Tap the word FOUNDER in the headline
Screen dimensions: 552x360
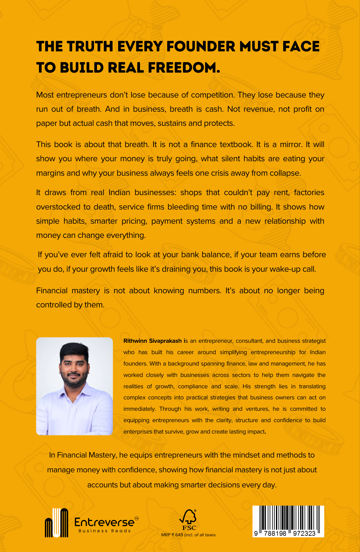[201, 47]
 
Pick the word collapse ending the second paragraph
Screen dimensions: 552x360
[285, 173]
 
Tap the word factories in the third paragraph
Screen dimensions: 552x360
[309, 192]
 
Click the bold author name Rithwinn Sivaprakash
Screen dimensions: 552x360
[152, 341]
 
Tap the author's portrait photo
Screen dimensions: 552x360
[74, 386]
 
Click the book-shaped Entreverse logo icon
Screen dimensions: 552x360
[56, 523]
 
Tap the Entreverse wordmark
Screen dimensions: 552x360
[104, 522]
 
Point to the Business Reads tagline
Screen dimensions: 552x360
[105, 531]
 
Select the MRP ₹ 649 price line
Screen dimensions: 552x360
[188, 535]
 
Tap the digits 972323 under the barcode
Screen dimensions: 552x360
[304, 533]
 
